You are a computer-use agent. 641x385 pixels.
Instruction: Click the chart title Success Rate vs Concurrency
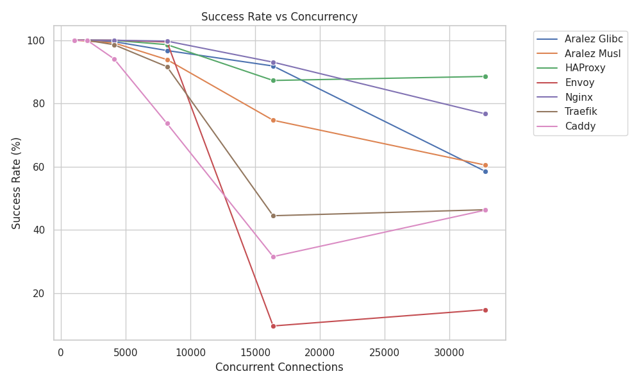click(x=279, y=17)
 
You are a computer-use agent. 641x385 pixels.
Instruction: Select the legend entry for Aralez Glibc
click(x=593, y=39)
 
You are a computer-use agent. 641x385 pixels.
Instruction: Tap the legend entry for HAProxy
click(x=584, y=68)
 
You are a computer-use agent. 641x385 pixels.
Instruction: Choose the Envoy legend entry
click(x=579, y=83)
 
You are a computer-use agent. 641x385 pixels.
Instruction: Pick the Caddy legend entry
click(x=580, y=126)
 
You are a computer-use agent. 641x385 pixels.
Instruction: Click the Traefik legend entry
click(x=581, y=112)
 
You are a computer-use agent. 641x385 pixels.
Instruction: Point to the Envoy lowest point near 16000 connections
click(x=273, y=326)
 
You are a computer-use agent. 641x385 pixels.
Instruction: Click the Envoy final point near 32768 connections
click(x=485, y=310)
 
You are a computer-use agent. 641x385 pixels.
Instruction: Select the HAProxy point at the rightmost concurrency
click(x=485, y=76)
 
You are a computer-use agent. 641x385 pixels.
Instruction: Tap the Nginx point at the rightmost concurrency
click(x=485, y=114)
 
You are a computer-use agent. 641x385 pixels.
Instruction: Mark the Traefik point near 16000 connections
click(x=273, y=216)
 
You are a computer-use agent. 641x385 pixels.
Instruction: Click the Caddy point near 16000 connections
click(x=273, y=257)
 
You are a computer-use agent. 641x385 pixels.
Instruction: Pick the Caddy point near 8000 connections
click(x=167, y=123)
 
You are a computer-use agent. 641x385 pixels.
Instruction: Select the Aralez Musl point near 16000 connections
click(x=273, y=120)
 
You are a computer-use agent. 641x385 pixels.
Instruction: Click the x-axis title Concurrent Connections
click(x=279, y=368)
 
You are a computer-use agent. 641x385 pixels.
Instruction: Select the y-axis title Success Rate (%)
click(x=17, y=183)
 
